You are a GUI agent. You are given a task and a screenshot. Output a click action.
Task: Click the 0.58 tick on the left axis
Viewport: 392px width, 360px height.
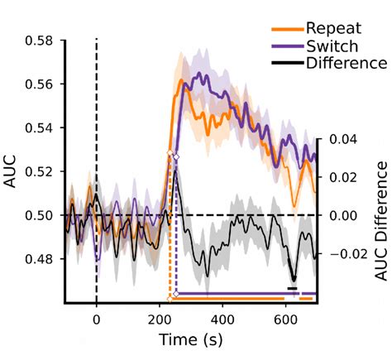43,41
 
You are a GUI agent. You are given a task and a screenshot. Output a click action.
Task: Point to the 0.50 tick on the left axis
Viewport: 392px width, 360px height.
43,215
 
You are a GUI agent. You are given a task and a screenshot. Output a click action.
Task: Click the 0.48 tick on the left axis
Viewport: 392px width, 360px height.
43,259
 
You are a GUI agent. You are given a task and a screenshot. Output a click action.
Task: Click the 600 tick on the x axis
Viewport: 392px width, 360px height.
285,316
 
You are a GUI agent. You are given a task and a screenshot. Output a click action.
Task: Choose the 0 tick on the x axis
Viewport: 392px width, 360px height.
97,316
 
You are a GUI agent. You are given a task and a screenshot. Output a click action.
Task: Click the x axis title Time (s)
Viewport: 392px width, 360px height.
191,339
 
